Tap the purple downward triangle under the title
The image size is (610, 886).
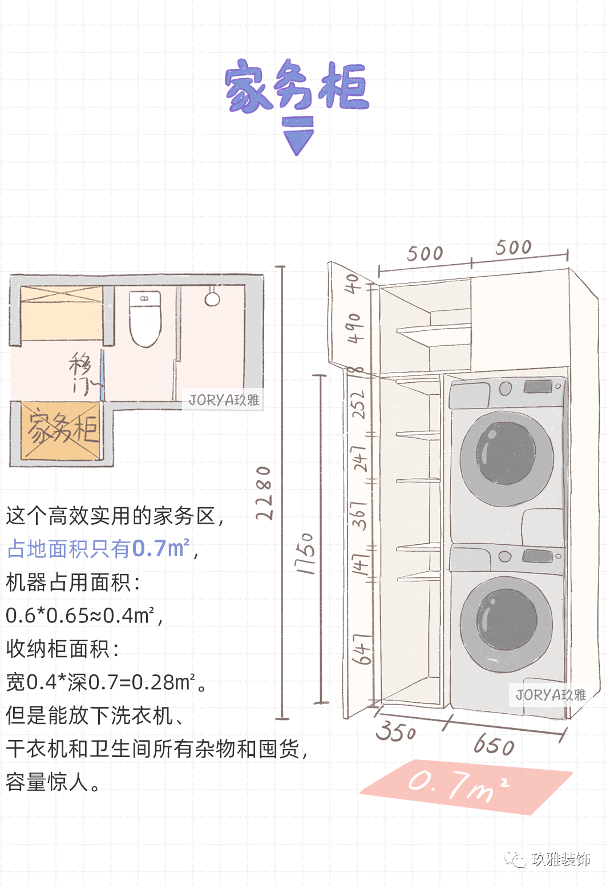[x=298, y=141]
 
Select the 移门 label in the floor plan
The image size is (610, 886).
[x=80, y=373]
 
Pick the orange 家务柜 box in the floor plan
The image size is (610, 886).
[x=61, y=431]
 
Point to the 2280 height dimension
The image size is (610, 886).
[x=264, y=492]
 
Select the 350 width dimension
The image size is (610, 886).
[x=396, y=731]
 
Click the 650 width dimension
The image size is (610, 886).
[x=494, y=745]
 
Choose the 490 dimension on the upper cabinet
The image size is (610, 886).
[x=354, y=327]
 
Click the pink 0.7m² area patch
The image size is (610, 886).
[x=465, y=786]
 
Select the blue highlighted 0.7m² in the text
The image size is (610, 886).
[x=160, y=549]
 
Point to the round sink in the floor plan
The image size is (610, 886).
[x=212, y=298]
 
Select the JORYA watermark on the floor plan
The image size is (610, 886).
[x=224, y=400]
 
